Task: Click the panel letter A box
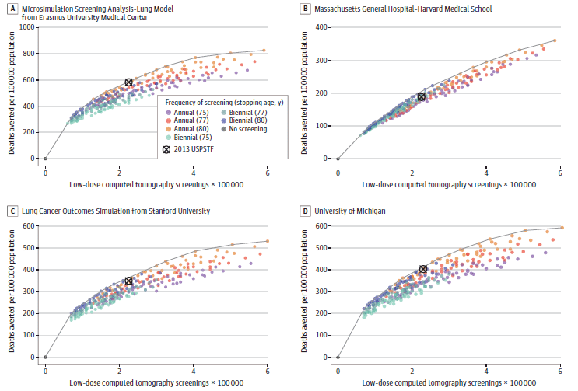(12, 9)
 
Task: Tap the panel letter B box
(306, 9)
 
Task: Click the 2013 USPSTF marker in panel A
(129, 82)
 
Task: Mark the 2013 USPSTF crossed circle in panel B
(421, 96)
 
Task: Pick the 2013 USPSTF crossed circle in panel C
(129, 281)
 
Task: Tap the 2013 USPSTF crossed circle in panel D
(423, 270)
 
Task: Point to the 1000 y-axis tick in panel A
(30, 27)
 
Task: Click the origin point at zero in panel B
(338, 159)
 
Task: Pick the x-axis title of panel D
(448, 382)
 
